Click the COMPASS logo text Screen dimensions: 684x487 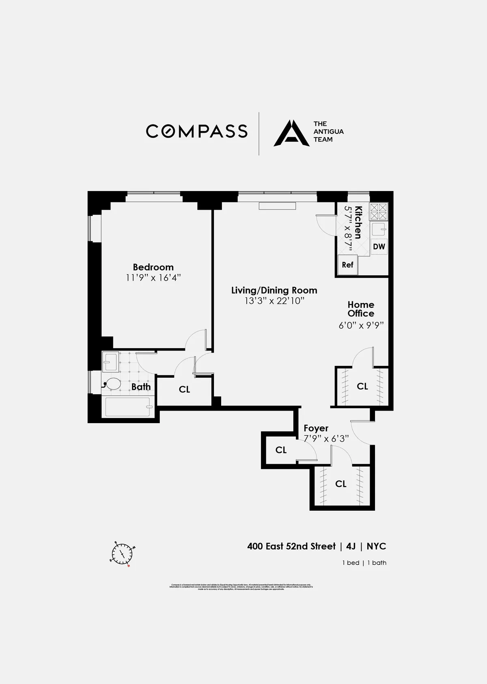[x=197, y=131]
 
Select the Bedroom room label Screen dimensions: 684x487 [x=153, y=267]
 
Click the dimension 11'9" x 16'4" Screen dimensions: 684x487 [x=153, y=278]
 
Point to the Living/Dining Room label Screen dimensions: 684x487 [x=274, y=290]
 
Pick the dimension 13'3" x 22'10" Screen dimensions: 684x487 [x=274, y=301]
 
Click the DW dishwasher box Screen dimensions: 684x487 [x=379, y=247]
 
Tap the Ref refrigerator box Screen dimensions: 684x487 [x=347, y=265]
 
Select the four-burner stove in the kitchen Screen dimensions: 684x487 [x=379, y=212]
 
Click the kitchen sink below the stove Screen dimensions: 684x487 [x=379, y=230]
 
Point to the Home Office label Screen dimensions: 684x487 [x=361, y=309]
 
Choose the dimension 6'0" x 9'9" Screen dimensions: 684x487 [x=361, y=325]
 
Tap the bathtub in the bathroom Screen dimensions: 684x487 [x=128, y=407]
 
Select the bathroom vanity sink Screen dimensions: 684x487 [x=110, y=362]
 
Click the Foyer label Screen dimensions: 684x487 [x=316, y=428]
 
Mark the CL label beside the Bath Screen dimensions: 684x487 [x=184, y=389]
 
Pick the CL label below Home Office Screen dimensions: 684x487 [x=362, y=386]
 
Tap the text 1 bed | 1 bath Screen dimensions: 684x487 [x=364, y=563]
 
